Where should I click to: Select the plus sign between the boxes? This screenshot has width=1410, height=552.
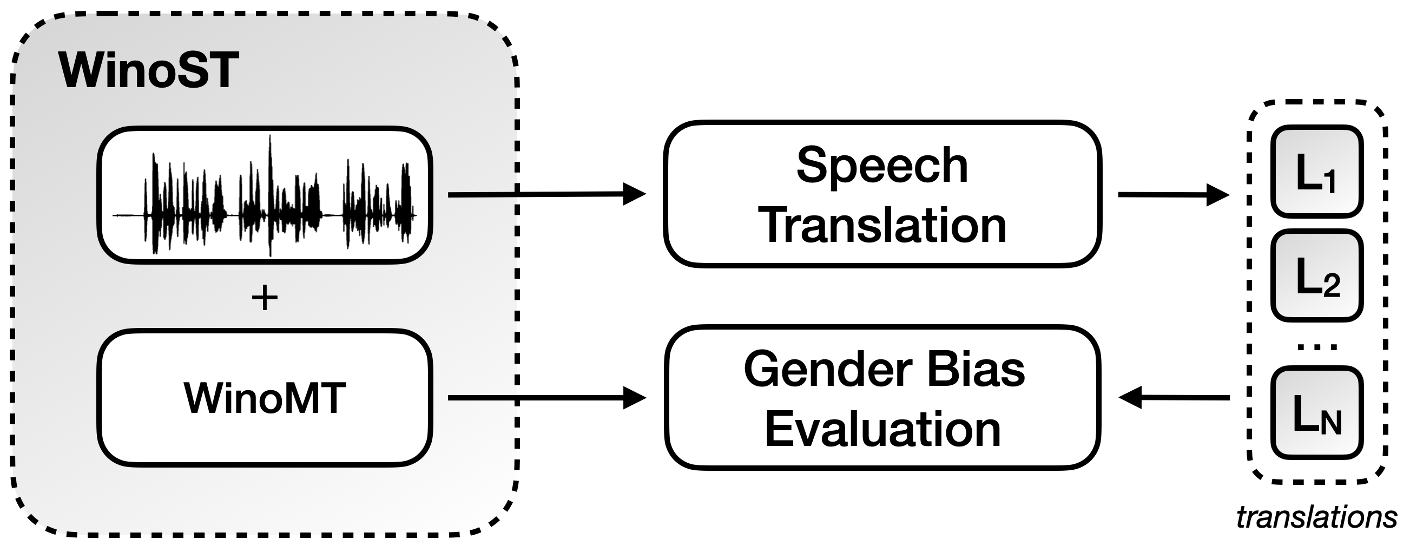[265, 299]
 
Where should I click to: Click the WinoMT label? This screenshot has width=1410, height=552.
[265, 398]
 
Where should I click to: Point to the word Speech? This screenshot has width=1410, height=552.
[882, 166]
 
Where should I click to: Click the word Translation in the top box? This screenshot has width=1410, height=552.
[882, 225]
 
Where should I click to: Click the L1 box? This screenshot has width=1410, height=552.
[1316, 172]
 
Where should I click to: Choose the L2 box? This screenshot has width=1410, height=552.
[1316, 276]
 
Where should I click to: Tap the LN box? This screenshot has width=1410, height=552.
[1316, 413]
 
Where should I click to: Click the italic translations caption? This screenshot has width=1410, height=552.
[1316, 517]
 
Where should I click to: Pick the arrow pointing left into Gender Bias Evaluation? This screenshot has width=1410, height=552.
[1175, 398]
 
